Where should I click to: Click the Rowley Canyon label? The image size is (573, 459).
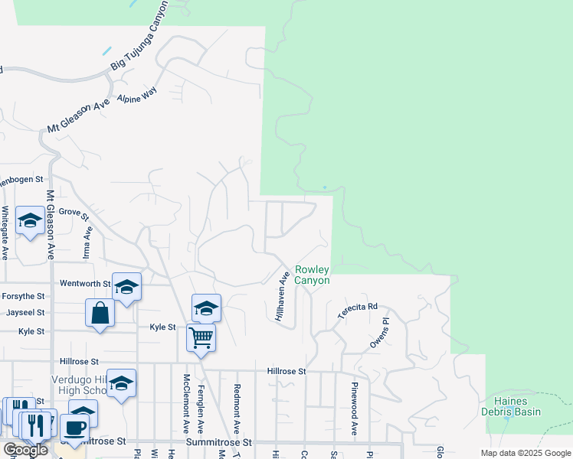click(313, 275)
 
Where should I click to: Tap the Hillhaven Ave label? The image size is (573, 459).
click(283, 301)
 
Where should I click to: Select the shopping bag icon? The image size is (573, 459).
click(100, 312)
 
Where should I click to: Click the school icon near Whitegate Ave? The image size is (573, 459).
click(30, 221)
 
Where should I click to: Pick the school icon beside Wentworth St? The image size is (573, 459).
click(126, 287)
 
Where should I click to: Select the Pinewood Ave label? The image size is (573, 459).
click(355, 409)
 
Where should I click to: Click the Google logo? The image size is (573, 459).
click(25, 450)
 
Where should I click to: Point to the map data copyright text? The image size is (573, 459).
click(526, 453)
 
